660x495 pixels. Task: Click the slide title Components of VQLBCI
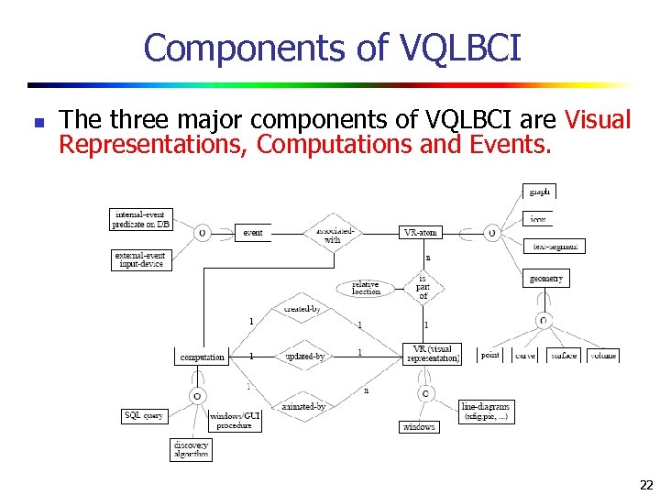pyautogui.click(x=332, y=48)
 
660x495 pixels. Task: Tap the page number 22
pyautogui.click(x=646, y=485)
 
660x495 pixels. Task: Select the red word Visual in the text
pyautogui.click(x=599, y=120)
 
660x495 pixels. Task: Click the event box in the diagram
pyautogui.click(x=253, y=233)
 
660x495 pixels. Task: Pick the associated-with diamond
pyautogui.click(x=332, y=234)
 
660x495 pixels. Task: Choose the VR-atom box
pyautogui.click(x=422, y=233)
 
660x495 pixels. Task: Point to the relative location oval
pyautogui.click(x=367, y=287)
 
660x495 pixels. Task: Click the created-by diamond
pyautogui.click(x=302, y=309)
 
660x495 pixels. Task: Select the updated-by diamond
pyautogui.click(x=304, y=356)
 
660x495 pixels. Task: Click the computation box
pyautogui.click(x=203, y=357)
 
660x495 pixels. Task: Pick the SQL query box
pyautogui.click(x=144, y=415)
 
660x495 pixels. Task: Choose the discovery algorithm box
pyautogui.click(x=191, y=449)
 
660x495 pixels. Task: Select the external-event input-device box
pyautogui.click(x=141, y=259)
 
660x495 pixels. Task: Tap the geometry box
pyautogui.click(x=546, y=278)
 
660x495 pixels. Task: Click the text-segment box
pyautogui.click(x=554, y=246)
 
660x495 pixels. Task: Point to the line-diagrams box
pyautogui.click(x=486, y=411)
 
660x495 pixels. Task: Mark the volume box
pyautogui.click(x=603, y=355)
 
